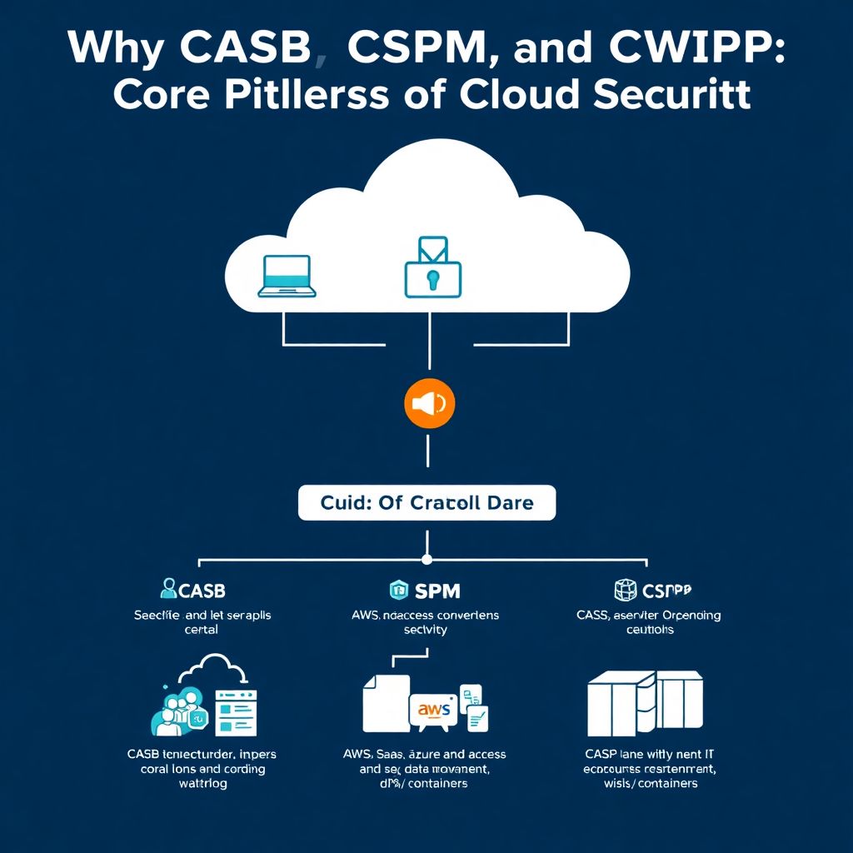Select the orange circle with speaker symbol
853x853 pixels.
428,403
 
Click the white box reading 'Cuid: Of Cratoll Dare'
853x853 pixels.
426,503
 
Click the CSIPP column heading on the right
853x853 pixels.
667,591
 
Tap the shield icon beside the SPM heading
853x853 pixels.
398,590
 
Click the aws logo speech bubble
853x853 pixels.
434,710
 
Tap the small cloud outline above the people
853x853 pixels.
215,667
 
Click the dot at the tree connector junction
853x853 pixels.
426,559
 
